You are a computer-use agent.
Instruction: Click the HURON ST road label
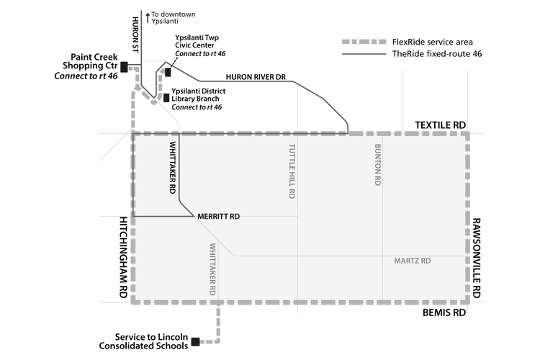135,34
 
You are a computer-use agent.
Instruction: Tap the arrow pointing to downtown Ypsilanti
148,16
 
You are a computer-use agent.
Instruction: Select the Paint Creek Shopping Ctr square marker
124,67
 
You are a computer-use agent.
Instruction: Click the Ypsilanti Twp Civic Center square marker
168,72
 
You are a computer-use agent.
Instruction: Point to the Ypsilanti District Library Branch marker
166,98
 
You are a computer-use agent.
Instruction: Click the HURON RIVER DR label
256,76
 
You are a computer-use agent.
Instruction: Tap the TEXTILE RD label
441,125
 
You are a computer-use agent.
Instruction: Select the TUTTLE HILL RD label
292,171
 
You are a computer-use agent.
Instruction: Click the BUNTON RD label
377,166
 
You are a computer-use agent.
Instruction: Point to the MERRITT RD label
218,216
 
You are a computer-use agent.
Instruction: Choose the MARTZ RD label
413,261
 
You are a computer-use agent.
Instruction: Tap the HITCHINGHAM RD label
123,257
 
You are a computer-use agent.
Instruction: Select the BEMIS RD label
444,313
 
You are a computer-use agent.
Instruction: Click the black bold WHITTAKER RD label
173,167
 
